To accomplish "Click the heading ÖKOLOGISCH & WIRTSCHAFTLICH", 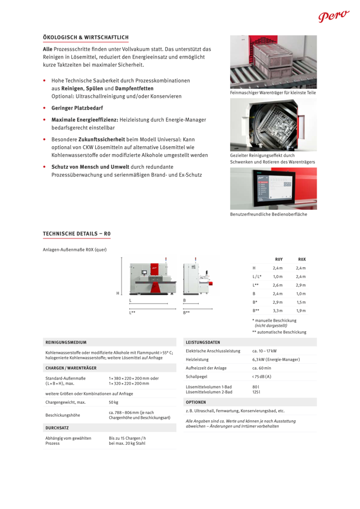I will [x=85, y=37].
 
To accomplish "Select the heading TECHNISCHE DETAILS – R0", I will [x=76, y=233].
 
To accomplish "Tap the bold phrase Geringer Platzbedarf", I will [x=77, y=107].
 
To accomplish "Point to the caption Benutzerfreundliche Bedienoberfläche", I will [x=268, y=214].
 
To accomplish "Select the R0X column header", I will [x=301, y=259].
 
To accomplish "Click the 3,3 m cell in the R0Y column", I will [x=277, y=310].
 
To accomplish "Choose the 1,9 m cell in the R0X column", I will [x=301, y=310].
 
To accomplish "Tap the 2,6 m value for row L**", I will [x=277, y=285].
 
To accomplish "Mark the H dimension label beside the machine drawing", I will [x=118, y=293].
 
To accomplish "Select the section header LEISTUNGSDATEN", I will [x=202, y=342].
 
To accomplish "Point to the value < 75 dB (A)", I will [x=262, y=376].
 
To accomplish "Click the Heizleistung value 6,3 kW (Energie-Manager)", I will [x=276, y=359].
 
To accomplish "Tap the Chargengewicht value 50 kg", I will [x=114, y=402].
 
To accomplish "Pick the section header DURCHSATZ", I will [x=57, y=428].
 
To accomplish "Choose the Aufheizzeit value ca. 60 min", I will [x=262, y=368].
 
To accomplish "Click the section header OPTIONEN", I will [x=196, y=402].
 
